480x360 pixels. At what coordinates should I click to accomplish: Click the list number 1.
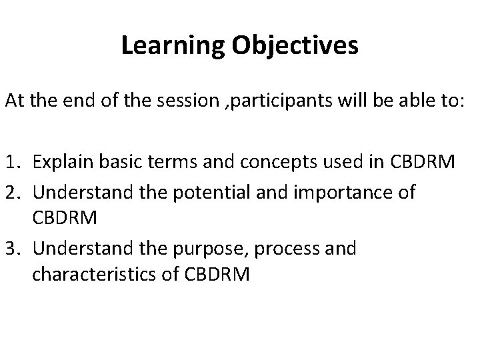click(x=13, y=161)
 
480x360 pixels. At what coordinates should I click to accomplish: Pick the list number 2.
click(x=13, y=193)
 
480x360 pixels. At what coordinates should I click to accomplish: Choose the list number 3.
click(x=13, y=249)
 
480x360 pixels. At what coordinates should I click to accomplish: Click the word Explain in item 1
click(x=61, y=161)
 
